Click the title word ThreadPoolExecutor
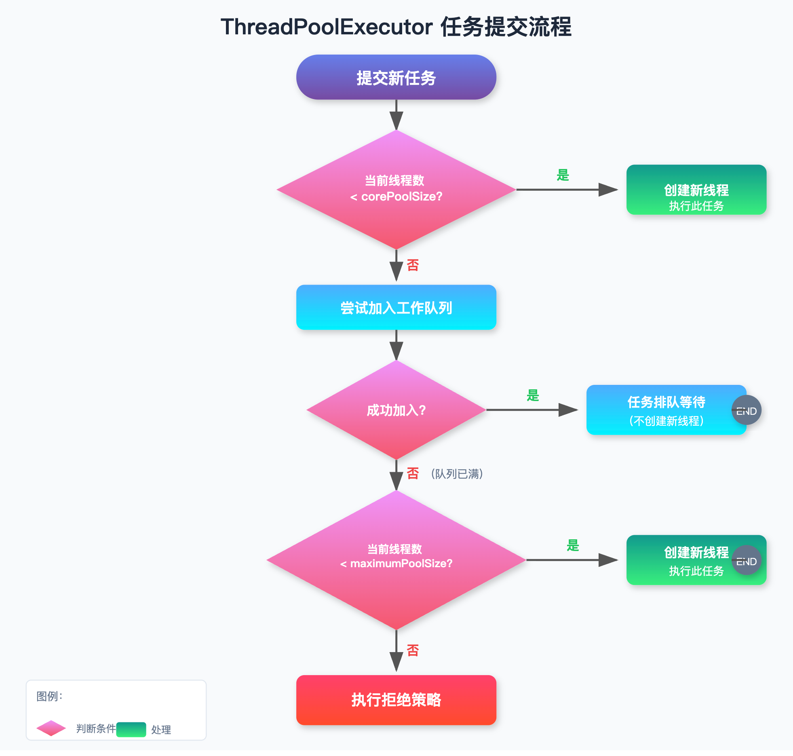point(327,27)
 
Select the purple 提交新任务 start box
point(396,77)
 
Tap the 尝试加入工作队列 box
point(396,307)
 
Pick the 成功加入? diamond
point(396,410)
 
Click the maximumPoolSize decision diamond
point(396,560)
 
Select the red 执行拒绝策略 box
point(396,700)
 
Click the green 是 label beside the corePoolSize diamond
point(563,175)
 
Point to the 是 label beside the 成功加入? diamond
point(533,395)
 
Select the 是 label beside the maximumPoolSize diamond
point(573,545)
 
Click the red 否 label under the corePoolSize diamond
point(413,265)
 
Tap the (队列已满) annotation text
point(457,473)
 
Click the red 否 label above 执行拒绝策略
point(413,650)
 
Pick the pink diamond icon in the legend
point(51,728)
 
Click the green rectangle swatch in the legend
point(131,729)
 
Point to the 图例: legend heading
point(49,696)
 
